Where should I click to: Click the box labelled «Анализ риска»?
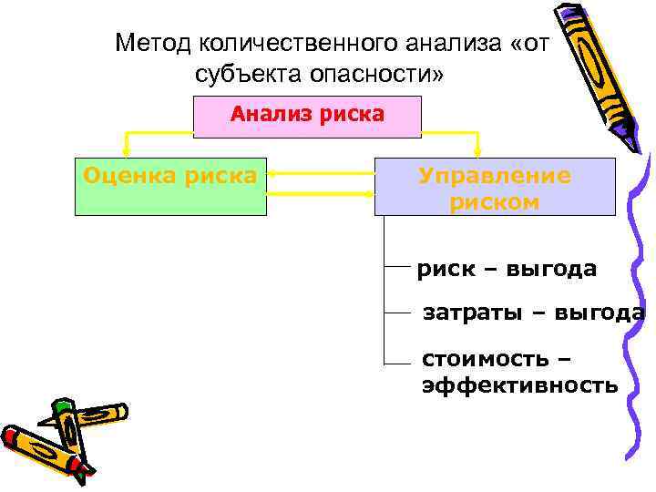coord(308,116)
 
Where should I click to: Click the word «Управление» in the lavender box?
coord(495,176)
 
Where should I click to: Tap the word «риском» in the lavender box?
coord(495,202)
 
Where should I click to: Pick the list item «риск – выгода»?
coord(507,269)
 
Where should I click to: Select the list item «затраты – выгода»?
coord(533,314)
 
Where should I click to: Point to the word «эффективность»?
coord(519,385)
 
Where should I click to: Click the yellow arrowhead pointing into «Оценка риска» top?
coord(125,151)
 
